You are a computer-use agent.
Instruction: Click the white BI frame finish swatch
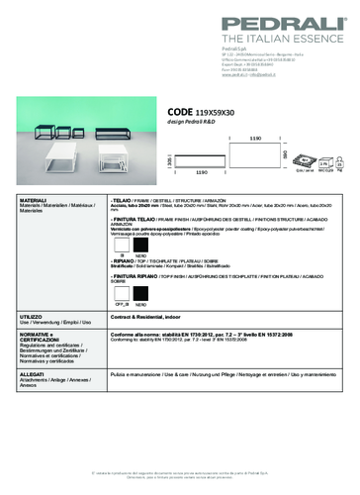122,245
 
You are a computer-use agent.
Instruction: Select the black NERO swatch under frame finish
142,245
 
